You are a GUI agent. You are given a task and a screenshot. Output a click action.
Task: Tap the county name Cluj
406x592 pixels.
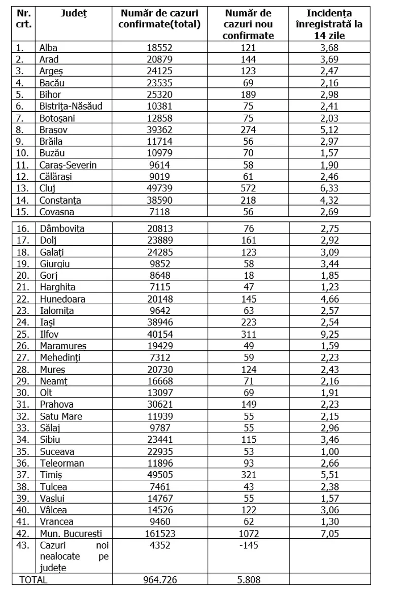48,188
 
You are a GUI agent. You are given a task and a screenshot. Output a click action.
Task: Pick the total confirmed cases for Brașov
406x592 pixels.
159,129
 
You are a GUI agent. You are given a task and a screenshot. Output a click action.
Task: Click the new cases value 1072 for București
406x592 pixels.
249,533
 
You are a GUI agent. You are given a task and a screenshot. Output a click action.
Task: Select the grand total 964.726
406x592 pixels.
159,579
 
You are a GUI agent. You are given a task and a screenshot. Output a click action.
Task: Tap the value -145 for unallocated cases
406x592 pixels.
249,545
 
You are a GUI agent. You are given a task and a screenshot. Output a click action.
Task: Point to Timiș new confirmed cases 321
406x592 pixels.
249,475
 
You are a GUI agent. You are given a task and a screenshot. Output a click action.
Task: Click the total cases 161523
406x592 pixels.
159,533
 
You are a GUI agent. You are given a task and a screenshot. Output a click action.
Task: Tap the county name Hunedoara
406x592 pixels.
62,299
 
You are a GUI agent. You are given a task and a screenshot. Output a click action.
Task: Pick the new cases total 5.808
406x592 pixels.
249,579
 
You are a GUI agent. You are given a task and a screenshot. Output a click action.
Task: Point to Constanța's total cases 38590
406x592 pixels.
159,200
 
